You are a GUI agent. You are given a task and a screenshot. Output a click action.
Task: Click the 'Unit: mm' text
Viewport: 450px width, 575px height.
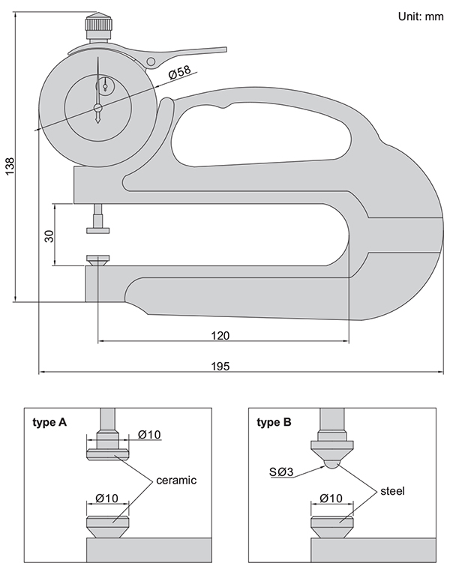(x=411, y=16)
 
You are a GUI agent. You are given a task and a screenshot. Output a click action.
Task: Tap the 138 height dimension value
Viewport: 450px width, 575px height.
(x=10, y=166)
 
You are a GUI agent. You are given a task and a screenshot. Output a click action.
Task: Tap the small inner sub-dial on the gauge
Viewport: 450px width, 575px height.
(x=105, y=84)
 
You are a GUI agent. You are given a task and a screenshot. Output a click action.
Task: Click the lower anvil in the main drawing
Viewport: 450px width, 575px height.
(x=97, y=260)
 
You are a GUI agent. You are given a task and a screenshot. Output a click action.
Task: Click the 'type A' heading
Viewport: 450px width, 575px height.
(x=49, y=423)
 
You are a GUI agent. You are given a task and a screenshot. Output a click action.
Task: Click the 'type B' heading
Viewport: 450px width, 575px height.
(x=274, y=423)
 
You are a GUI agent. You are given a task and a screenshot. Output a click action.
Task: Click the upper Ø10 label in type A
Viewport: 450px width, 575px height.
(x=151, y=435)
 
